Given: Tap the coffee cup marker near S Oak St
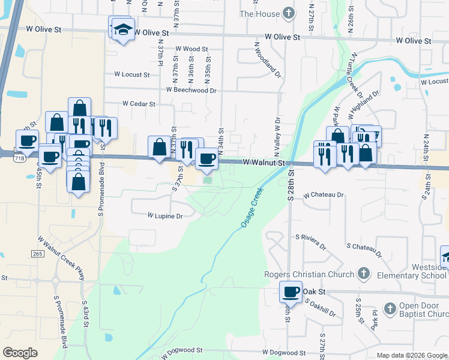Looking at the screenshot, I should tap(291, 292).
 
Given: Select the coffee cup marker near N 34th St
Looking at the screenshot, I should tap(207, 158).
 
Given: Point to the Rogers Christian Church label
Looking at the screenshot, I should tap(310, 275).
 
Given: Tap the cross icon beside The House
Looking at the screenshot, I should tap(289, 13).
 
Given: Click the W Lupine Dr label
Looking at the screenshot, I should tap(165, 215).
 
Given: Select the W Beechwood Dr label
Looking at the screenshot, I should tap(191, 90).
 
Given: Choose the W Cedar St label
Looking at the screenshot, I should tap(139, 103).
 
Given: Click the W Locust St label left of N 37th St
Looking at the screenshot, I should tap(132, 74).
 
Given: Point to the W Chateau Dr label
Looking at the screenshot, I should tap(324, 195).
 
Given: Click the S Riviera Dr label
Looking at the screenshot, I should tap(310, 242).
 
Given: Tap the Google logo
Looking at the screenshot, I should tap(20, 353).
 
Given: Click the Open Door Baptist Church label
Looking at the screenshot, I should tap(424, 310).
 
